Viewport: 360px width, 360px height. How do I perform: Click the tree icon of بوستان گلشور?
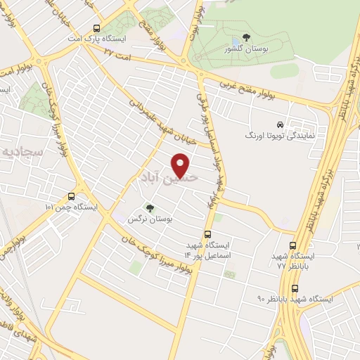coord(245,37)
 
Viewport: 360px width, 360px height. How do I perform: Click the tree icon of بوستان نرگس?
coord(149,207)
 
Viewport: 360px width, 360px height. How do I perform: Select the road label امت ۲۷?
coord(117,53)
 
